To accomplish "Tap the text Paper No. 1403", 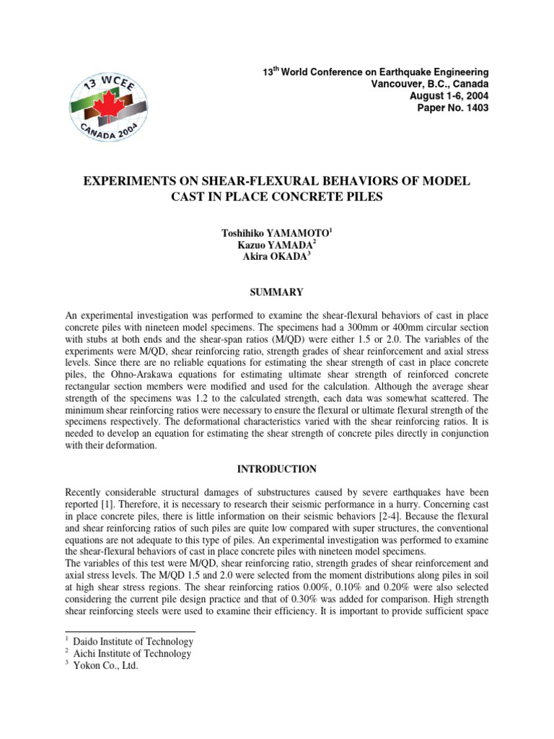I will (x=453, y=108).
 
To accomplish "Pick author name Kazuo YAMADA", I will (x=277, y=247).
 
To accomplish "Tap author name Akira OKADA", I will (x=277, y=260).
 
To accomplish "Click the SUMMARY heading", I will (x=277, y=292).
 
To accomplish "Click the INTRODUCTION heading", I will (x=277, y=469).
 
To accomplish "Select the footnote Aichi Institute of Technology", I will (x=135, y=654).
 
